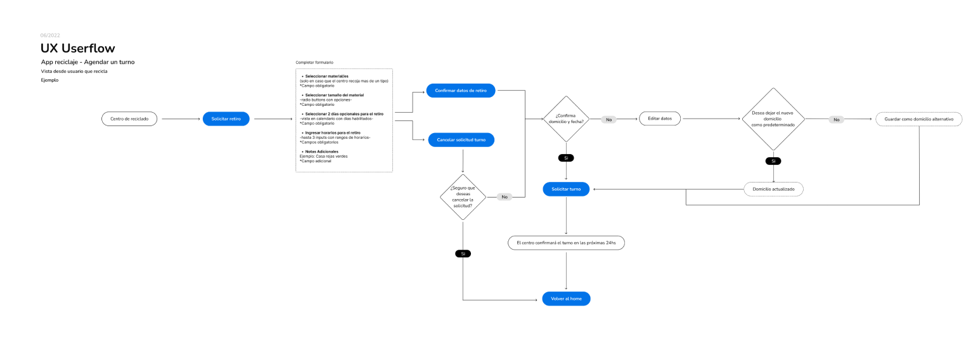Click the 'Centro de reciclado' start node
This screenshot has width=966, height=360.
129,119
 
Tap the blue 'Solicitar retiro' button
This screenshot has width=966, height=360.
226,119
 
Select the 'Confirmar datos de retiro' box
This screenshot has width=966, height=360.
461,91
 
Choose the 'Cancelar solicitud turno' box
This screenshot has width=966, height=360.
461,139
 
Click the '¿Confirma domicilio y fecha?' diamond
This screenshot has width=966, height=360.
565,119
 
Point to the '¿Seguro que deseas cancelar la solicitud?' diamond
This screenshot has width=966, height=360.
463,196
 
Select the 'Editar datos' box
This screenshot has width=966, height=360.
660,119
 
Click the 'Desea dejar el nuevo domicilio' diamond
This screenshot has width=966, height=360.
773,119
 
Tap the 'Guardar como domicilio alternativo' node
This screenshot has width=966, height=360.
918,119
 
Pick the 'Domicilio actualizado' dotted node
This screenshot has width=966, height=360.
773,189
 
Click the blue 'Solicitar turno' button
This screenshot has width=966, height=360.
566,189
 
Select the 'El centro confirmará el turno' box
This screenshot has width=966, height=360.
566,243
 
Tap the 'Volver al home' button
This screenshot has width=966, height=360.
566,299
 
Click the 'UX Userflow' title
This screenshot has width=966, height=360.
77,48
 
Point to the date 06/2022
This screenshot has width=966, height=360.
50,35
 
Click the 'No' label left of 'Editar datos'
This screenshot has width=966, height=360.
609,119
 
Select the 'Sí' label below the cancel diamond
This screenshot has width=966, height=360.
463,254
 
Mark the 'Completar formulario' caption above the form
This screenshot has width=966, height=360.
314,62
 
